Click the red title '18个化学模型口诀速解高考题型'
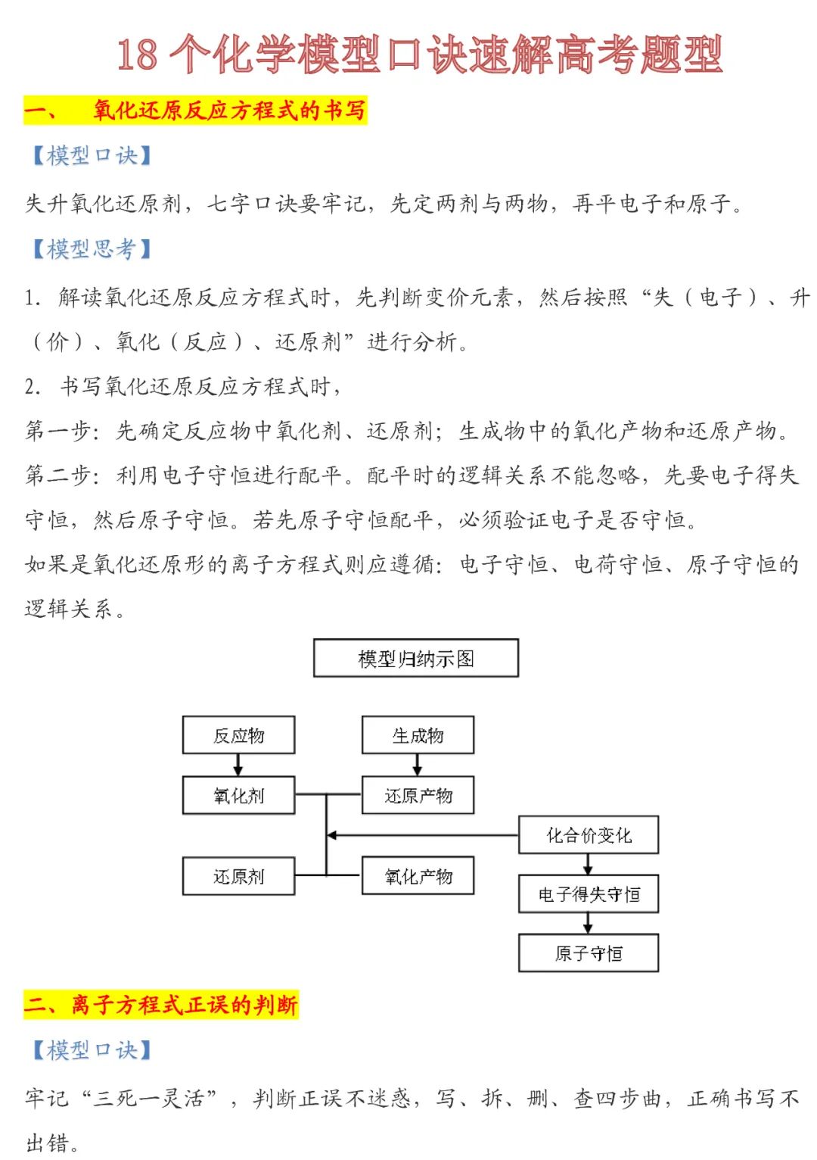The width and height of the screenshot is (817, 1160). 420,55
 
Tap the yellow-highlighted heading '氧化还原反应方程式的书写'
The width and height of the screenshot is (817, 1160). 229,111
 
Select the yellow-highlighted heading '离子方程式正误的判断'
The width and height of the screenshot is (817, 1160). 184,1005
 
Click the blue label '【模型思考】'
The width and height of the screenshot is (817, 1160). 91,248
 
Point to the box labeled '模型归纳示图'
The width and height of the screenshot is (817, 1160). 416,658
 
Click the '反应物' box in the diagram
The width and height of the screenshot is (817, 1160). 238,735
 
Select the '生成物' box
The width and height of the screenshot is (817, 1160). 418,735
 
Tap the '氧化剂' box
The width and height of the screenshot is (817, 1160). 238,795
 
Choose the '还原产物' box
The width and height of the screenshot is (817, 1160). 418,795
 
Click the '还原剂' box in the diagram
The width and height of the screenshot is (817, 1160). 238,876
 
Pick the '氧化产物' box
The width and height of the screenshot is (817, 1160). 418,876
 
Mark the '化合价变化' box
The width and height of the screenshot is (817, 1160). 589,835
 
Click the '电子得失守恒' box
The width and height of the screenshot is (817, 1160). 589,894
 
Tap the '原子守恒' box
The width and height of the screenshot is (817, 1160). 589,953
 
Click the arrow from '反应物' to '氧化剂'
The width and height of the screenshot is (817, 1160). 238,766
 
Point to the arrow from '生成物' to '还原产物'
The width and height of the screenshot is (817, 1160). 418,766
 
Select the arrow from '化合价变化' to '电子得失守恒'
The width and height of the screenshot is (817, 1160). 589,865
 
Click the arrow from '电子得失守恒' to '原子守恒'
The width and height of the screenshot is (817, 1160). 589,924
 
